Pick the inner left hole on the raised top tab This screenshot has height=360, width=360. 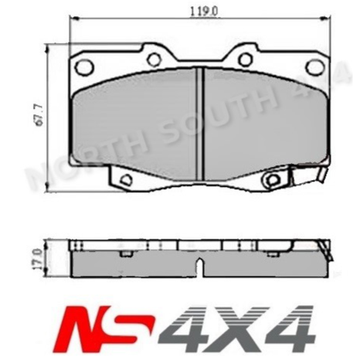coord(153,59)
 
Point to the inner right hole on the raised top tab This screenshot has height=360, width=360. coord(245,59)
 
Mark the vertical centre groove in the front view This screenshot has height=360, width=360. coord(199,116)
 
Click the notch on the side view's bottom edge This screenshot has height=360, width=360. coord(199,271)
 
